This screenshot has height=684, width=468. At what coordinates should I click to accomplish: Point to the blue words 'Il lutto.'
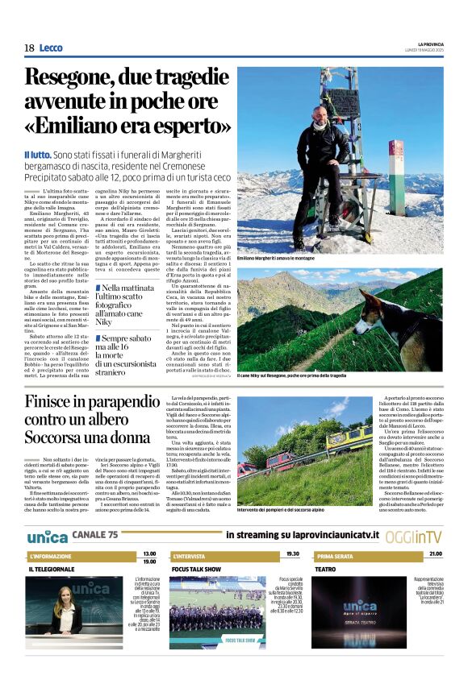pos(38,155)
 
